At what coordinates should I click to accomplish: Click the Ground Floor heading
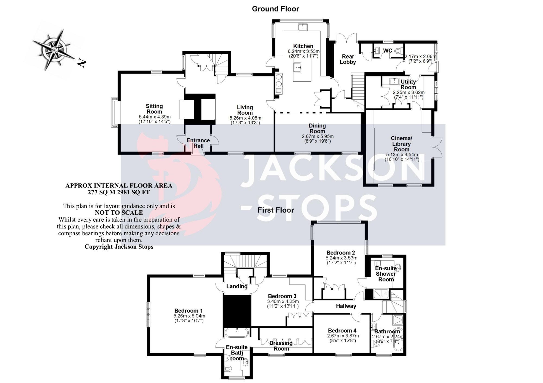pos(275,9)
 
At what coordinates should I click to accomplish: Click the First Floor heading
pos(276,210)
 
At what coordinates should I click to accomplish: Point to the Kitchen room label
pos(303,46)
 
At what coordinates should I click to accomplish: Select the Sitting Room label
pos(154,109)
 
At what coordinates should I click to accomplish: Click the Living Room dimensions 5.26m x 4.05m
pos(245,118)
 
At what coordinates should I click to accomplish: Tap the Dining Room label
pos(317,128)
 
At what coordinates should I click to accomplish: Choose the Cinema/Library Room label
pos(402,144)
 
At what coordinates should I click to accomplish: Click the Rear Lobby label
pos(348,59)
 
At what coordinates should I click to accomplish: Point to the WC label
pos(387,51)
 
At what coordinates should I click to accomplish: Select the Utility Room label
pos(408,84)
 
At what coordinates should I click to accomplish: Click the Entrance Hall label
pos(198,143)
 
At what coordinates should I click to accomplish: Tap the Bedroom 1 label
pos(188,311)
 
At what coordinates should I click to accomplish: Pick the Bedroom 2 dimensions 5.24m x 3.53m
pos(341,258)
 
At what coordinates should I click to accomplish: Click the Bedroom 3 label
pos(282,296)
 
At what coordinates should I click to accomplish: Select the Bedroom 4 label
pos(342,330)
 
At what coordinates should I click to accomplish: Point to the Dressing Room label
pos(281,346)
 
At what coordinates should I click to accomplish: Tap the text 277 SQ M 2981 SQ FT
pos(119,192)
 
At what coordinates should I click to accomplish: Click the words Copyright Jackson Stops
pos(119,247)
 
